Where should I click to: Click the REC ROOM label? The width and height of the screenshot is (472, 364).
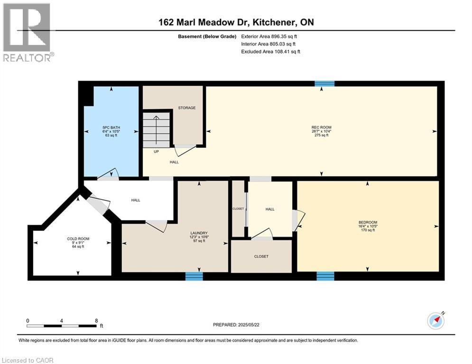coord(321,127)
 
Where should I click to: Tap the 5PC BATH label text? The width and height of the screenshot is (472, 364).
coord(111,127)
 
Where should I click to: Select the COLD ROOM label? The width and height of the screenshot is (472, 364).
coord(78,239)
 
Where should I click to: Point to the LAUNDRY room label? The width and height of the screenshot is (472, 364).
coord(199,233)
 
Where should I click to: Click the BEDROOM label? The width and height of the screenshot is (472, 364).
coord(368,222)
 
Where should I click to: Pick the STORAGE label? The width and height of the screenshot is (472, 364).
coord(186,108)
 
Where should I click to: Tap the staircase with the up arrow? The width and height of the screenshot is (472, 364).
coord(156,130)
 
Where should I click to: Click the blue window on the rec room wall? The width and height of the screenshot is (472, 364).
coord(324,83)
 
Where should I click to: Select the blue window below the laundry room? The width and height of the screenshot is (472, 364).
coord(194,276)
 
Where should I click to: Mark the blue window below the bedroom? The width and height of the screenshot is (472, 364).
coord(325,276)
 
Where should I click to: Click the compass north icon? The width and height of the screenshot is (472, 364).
coord(436,321)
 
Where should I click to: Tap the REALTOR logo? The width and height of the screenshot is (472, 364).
coord(27,33)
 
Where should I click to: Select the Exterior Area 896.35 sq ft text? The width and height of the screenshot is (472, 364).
coord(269,36)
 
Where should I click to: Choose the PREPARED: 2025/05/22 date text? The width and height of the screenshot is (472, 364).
coord(236,325)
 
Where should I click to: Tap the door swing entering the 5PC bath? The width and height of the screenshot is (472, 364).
coord(108,174)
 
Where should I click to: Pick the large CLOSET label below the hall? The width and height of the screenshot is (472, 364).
coord(261,256)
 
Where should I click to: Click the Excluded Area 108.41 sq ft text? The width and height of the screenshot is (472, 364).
coord(270,52)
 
